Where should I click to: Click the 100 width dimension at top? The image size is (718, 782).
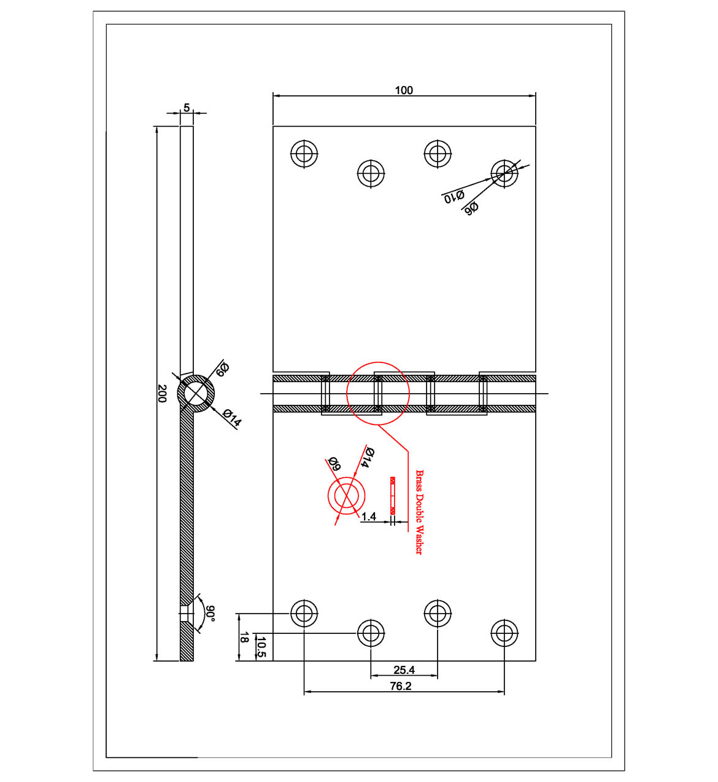coord(403,90)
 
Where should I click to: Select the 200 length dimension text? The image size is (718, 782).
coord(162,393)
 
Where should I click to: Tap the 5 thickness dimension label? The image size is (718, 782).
coord(187,108)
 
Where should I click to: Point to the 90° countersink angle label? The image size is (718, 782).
coord(210,613)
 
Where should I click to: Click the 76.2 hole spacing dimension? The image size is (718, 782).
coord(401,686)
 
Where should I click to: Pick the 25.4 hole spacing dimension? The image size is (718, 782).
coord(404,670)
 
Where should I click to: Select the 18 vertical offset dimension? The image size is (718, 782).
coord(244,638)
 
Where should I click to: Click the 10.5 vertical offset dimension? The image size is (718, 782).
coord(261,647)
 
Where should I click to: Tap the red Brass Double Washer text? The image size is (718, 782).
coord(419,512)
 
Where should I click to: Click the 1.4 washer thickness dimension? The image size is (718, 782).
coord(368,517)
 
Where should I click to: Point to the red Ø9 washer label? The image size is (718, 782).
coord(334,464)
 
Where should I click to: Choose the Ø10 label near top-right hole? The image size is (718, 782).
coord(454,197)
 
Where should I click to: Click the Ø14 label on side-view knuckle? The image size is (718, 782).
coord(233,418)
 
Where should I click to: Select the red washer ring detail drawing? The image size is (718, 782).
coord(347,496)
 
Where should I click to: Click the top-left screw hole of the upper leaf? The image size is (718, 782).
coord(304,154)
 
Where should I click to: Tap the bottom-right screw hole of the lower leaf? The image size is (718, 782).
coord(504,632)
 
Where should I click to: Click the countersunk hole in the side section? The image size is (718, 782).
coord(186,614)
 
